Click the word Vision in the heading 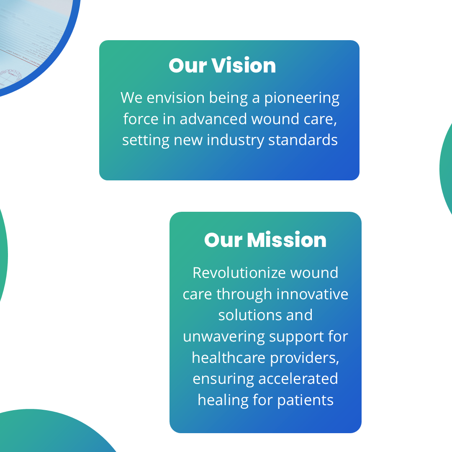tap(244, 65)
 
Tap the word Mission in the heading tap(287, 240)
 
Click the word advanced tap(213, 119)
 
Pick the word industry tap(236, 141)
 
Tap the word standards tap(303, 140)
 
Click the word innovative tap(313, 294)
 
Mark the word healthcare tap(229, 358)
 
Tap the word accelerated tap(298, 379)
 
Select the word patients tap(306, 401)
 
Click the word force tap(141, 119)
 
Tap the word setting tap(146, 141)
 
